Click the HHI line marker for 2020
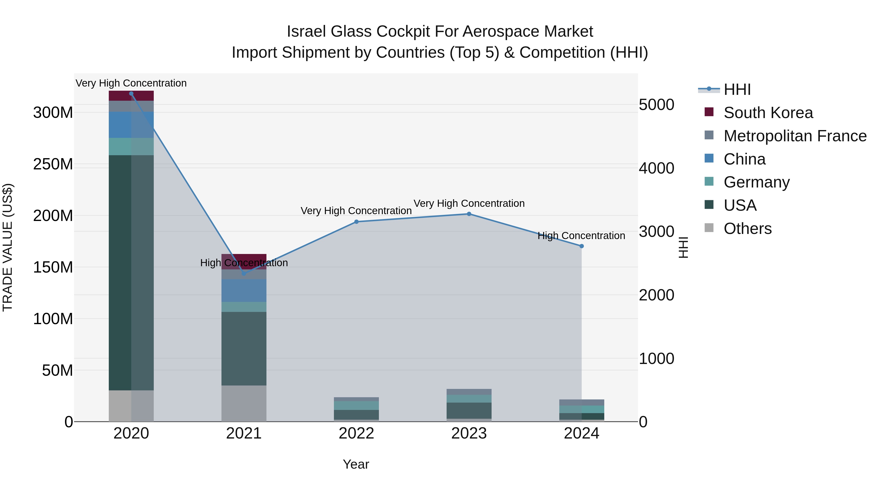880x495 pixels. tap(131, 94)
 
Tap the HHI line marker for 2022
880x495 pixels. tap(356, 222)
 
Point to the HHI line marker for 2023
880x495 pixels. tap(469, 214)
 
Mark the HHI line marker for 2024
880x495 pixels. tap(582, 246)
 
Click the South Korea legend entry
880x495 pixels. tap(768, 113)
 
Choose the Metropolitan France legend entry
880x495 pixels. tap(795, 136)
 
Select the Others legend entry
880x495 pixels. tap(748, 229)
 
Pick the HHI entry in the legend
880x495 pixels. tap(737, 89)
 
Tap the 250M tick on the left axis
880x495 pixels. tap(53, 164)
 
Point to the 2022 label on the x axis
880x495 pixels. tap(356, 433)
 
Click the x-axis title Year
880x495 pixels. tap(356, 464)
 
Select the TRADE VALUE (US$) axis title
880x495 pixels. tap(8, 247)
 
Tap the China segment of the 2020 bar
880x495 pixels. tap(131, 125)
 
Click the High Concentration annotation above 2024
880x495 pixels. tap(582, 236)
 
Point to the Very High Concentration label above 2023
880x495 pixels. tap(469, 203)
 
